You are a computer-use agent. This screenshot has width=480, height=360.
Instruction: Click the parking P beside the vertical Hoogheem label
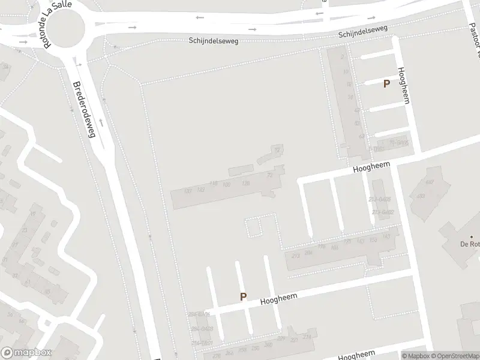(387, 85)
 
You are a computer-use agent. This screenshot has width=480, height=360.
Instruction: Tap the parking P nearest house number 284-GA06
(244, 296)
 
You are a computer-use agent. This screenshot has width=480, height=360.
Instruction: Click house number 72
(277, 149)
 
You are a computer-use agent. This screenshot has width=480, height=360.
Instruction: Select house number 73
(270, 175)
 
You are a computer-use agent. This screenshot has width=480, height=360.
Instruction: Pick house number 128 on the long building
(245, 183)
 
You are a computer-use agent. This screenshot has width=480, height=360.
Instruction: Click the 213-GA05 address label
(380, 199)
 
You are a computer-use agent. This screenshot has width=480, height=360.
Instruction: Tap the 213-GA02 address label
(382, 212)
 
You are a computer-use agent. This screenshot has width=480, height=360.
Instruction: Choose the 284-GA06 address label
(199, 314)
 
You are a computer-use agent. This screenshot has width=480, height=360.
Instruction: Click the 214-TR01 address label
(202, 343)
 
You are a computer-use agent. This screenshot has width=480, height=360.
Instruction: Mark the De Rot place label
(470, 244)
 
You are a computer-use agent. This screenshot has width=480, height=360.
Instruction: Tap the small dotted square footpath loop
(253, 227)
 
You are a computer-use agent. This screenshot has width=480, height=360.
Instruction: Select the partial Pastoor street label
(474, 30)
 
